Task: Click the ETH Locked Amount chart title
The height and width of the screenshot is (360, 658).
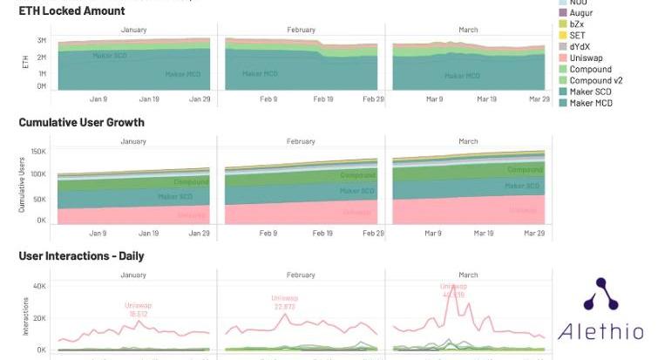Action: point(71,11)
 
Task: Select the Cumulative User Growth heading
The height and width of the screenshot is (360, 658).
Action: point(81,123)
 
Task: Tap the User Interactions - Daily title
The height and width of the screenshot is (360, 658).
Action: point(81,256)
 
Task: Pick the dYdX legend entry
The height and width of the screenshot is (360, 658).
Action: point(583,47)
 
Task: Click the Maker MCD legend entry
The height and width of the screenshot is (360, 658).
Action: point(590,104)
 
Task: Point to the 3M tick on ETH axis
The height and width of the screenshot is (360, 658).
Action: point(42,41)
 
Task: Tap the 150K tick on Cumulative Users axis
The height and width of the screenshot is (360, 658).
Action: point(37,152)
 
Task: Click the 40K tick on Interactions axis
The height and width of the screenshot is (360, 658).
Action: point(39,286)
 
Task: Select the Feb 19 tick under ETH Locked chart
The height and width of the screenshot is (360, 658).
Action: point(323,99)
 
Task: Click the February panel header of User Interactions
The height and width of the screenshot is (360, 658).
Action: point(301,275)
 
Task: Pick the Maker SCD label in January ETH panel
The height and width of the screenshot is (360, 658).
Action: point(111,55)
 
